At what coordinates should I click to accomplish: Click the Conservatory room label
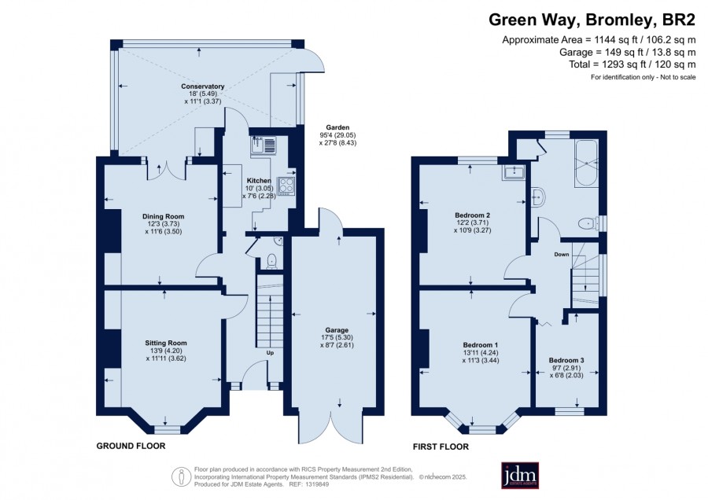tap(203, 86)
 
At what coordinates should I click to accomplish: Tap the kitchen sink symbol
tap(264, 145)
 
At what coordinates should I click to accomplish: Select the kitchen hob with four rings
tap(286, 186)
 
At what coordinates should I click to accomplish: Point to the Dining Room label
tap(163, 216)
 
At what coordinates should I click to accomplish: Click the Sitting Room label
tap(166, 343)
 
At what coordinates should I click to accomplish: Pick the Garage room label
tap(337, 330)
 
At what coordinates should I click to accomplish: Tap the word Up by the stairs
tap(270, 353)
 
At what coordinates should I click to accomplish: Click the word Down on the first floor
tap(561, 255)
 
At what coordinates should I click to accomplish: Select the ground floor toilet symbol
tap(271, 261)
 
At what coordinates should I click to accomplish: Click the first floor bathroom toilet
tap(588, 223)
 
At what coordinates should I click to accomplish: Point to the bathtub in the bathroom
tap(587, 164)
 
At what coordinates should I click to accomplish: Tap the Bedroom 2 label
tap(472, 215)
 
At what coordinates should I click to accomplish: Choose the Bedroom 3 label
tap(566, 360)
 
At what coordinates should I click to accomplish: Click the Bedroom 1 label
tap(481, 345)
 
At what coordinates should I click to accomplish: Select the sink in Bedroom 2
tap(514, 172)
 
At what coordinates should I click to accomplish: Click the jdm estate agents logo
tap(520, 475)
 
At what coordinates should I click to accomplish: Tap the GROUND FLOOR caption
tap(131, 446)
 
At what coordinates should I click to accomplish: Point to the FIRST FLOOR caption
tap(441, 447)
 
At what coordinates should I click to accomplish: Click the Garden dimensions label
tap(337, 135)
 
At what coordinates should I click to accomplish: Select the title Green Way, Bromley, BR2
tap(592, 20)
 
